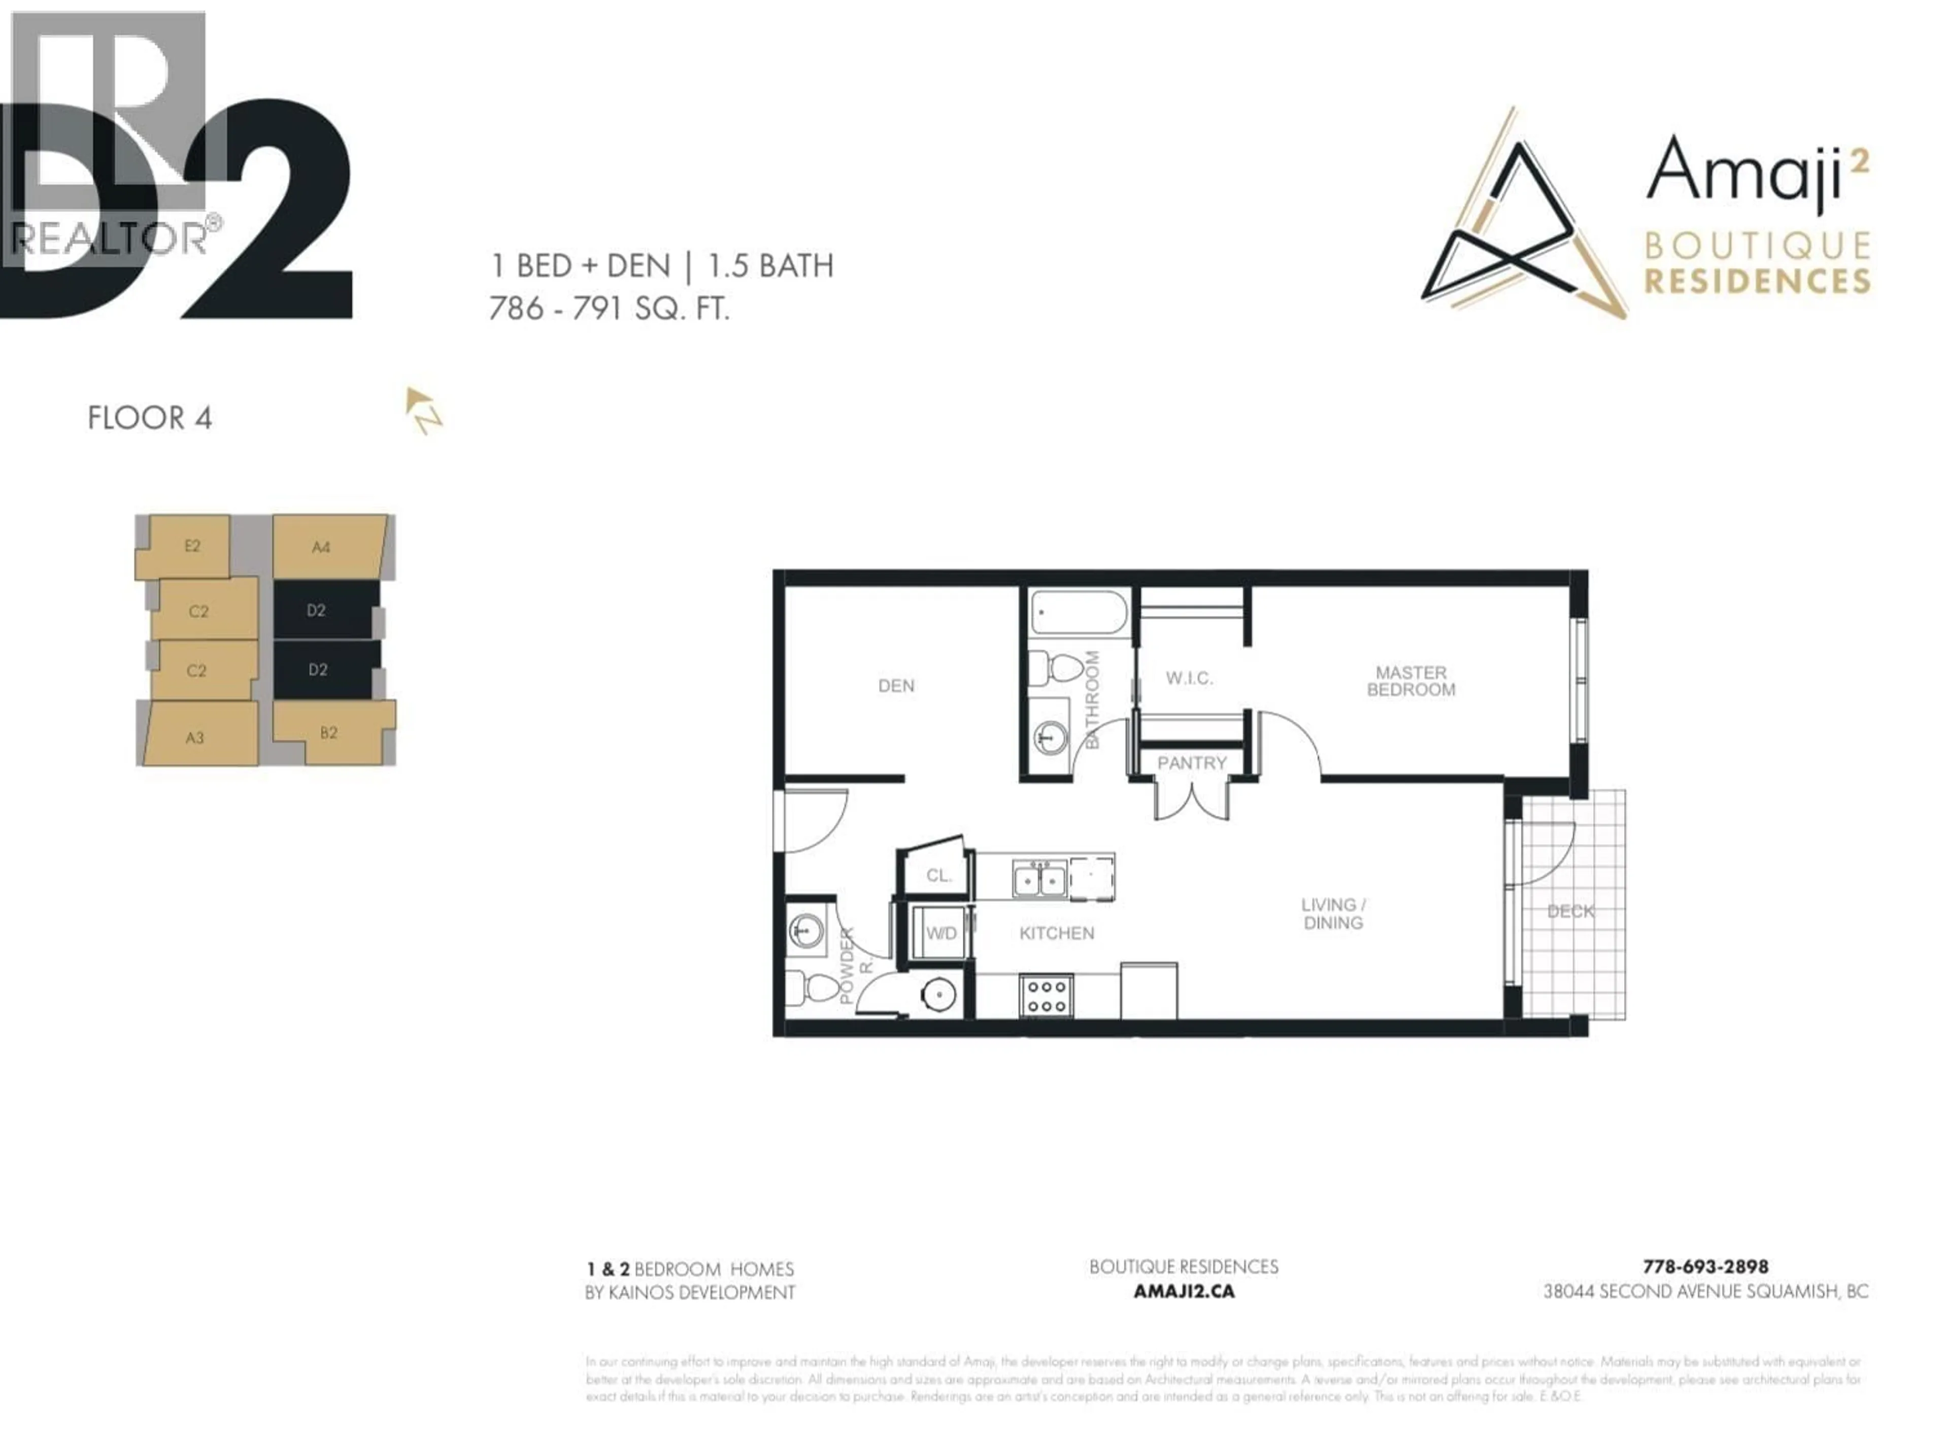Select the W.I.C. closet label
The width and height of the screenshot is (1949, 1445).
[1189, 678]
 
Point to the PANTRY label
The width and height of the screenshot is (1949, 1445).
[1191, 763]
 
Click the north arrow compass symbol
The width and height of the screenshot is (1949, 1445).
[423, 411]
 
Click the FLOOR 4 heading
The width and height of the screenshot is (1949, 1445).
[150, 418]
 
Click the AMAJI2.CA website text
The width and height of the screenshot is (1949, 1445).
[1184, 1291]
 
